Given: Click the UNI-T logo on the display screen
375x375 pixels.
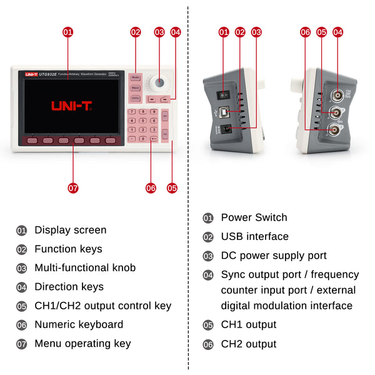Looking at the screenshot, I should [72, 106].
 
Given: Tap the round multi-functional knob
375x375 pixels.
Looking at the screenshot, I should [159, 83].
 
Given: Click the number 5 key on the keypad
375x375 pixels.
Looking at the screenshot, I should [143, 121].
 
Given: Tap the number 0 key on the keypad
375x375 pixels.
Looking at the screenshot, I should [143, 138].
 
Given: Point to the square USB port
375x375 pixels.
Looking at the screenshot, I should [232, 112].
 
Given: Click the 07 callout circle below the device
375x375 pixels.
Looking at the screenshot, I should [73, 187].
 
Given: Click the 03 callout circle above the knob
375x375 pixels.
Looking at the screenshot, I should [159, 31].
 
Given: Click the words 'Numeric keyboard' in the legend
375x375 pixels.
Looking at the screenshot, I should [79, 324].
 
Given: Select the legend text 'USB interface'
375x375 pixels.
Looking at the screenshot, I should [254, 236].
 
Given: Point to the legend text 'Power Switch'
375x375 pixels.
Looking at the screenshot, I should [254, 217].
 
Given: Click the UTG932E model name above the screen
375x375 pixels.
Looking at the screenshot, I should [48, 74].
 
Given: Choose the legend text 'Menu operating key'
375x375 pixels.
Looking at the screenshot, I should [82, 343].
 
